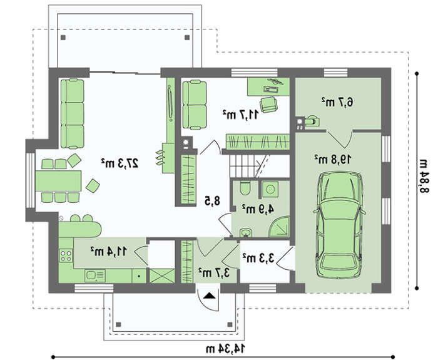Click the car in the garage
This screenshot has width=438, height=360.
click(x=339, y=225)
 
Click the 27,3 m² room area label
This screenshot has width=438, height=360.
click(x=120, y=163)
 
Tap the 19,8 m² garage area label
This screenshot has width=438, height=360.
click(x=333, y=159)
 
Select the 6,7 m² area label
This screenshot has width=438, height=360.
click(x=337, y=102)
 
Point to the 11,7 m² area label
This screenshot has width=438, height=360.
click(x=241, y=115)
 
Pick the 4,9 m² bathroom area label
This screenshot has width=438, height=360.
click(x=258, y=208)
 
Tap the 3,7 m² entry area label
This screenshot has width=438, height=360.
click(x=214, y=272)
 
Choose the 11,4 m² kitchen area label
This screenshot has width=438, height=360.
click(x=109, y=251)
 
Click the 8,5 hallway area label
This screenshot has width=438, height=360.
click(x=213, y=201)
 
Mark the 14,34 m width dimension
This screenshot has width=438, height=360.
click(x=226, y=349)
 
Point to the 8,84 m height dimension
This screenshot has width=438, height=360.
click(x=424, y=176)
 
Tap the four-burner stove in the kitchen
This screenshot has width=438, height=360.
click(x=66, y=255)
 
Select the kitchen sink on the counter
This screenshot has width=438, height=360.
click(x=95, y=275)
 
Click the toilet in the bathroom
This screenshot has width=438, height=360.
click(x=245, y=188)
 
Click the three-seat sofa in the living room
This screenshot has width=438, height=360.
click(x=73, y=113)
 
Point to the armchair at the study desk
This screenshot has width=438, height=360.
click(x=268, y=105)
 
